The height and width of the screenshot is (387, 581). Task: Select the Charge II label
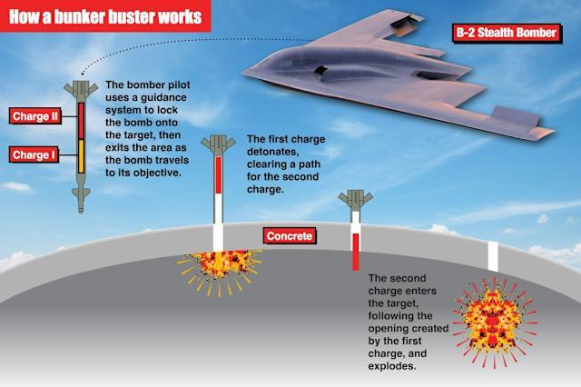pyautogui.click(x=34, y=116)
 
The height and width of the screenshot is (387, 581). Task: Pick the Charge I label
pyautogui.click(x=35, y=155)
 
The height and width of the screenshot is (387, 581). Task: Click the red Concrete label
pyautogui.click(x=290, y=236)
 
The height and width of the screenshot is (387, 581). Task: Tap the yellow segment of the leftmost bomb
pyautogui.click(x=80, y=155)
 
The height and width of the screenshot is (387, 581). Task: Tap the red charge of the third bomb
pyautogui.click(x=356, y=250)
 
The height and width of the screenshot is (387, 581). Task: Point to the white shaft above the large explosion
pyautogui.click(x=493, y=256)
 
